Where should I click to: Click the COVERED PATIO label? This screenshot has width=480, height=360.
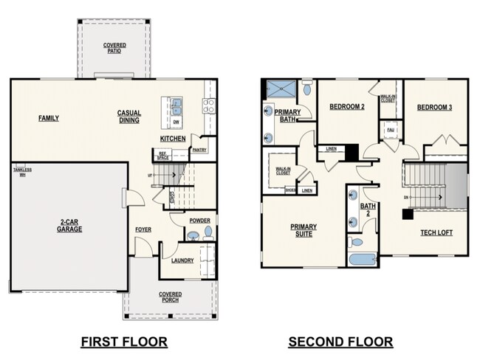tap(114, 49)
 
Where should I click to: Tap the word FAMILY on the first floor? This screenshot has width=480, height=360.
tap(49, 118)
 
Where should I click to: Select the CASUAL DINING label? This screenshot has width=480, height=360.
tap(129, 117)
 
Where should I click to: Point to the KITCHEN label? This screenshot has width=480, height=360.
tap(173, 139)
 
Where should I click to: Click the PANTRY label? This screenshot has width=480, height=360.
tap(199, 150)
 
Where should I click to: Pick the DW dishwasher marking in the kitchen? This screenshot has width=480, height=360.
tap(176, 122)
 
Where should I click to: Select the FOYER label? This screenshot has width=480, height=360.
tap(143, 229)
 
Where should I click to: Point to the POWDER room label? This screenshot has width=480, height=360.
tap(199, 221)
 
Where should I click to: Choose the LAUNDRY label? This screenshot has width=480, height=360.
tap(182, 260)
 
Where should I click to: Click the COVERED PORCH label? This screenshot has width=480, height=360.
tap(170, 298)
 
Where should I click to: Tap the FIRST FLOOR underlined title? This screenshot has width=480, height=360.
tap(124, 342)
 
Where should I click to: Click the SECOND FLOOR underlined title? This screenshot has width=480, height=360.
tap(340, 342)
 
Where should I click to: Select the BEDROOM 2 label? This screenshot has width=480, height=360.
tap(347, 107)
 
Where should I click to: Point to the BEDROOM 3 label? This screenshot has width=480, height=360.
tap(434, 108)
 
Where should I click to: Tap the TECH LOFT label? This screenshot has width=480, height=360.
tap(436, 232)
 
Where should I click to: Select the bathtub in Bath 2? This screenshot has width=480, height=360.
tap(363, 259)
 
